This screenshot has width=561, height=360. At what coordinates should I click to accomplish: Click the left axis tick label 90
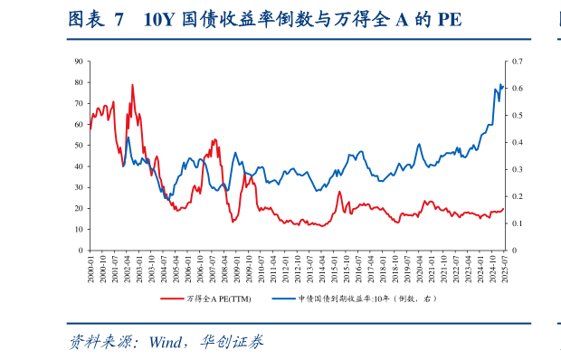(x=79, y=61)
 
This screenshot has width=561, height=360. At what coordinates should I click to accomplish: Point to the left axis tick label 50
(x=79, y=145)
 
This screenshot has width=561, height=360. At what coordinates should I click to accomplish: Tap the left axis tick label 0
(x=81, y=251)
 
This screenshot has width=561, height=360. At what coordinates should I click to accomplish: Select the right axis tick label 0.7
(x=518, y=61)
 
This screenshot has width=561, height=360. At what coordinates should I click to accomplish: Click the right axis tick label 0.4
(x=518, y=142)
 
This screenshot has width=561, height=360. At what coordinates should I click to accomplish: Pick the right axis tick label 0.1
(x=518, y=223)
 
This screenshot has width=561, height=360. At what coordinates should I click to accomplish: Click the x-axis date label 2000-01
(x=91, y=269)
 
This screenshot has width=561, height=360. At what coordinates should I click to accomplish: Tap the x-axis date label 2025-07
(x=503, y=269)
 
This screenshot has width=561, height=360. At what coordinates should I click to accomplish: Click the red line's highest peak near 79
(x=133, y=85)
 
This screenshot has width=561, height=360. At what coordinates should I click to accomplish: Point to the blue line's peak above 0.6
(x=500, y=84)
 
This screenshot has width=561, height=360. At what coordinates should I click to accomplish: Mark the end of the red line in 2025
(x=503, y=209)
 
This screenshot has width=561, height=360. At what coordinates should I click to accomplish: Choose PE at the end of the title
(x=448, y=20)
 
